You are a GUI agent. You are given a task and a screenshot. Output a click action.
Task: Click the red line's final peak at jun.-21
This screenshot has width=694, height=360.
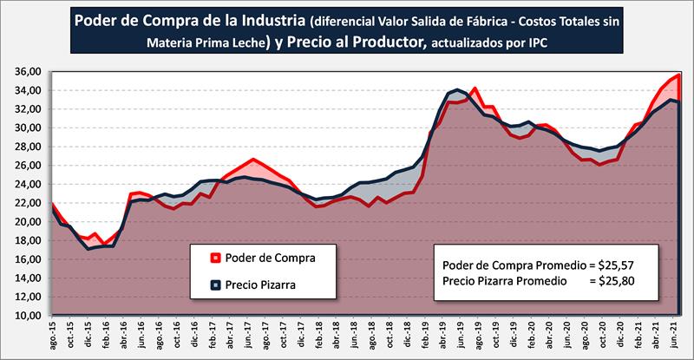point(677,75)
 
